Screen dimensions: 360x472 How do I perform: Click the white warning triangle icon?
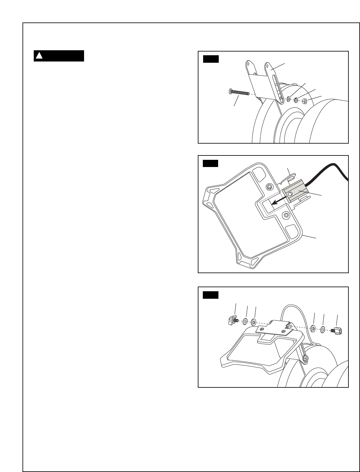click(39, 56)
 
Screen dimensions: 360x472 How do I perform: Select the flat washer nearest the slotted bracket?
click(289, 100)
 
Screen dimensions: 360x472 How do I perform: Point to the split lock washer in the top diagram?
click(296, 100)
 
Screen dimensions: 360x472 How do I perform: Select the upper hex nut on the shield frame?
click(269, 187)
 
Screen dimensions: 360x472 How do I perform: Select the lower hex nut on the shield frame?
click(286, 215)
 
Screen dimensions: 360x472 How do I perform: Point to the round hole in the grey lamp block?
click(290, 194)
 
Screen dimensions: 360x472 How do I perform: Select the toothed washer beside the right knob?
click(322, 329)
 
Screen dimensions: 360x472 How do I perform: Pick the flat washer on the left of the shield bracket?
click(253, 322)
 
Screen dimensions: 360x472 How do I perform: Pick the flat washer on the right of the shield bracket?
click(312, 328)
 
